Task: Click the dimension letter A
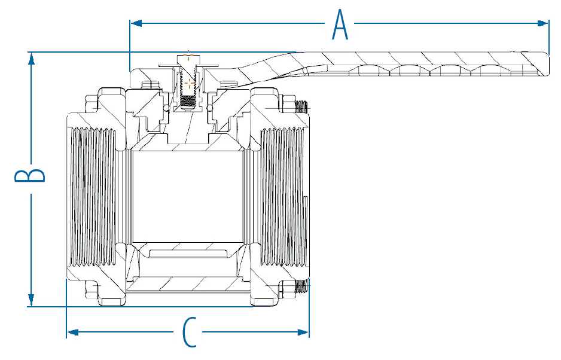tap(340, 24)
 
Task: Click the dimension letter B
tap(30, 175)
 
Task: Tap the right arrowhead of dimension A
tap(542, 23)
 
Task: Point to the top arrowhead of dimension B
tap(32, 59)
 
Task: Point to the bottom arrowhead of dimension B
tap(32, 300)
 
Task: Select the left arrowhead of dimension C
tap(73, 332)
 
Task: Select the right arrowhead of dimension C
tap(303, 332)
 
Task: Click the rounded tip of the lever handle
tap(546, 64)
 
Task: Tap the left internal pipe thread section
tap(94, 197)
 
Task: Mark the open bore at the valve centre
tap(189, 197)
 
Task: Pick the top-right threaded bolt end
tap(301, 106)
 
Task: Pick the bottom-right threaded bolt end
tap(301, 287)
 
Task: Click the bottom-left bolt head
tap(91, 289)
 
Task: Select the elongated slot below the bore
tap(188, 254)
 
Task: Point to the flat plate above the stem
tap(188, 66)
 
